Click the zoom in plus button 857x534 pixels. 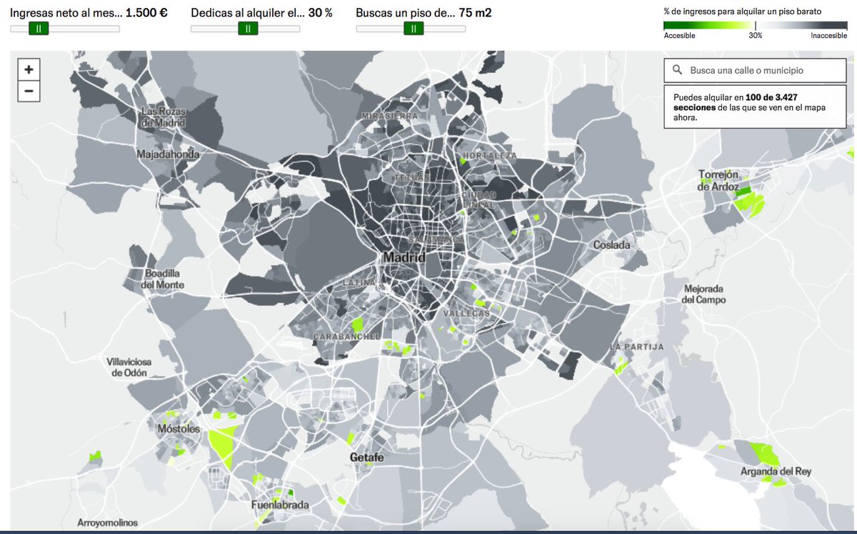pyautogui.click(x=29, y=69)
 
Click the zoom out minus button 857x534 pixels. pyautogui.click(x=29, y=91)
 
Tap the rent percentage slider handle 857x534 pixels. pyautogui.click(x=247, y=28)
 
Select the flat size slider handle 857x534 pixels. pyautogui.click(x=414, y=28)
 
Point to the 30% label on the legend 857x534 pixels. pyautogui.click(x=755, y=35)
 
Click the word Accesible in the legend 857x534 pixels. pyautogui.click(x=679, y=35)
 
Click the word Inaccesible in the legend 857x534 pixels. pyautogui.click(x=828, y=35)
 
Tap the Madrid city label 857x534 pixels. pyautogui.click(x=404, y=257)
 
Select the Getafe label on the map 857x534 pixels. pyautogui.click(x=367, y=458)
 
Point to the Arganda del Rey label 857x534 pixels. pyautogui.click(x=776, y=472)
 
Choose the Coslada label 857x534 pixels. pyautogui.click(x=612, y=245)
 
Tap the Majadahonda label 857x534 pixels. pyautogui.click(x=168, y=154)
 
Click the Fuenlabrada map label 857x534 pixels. pyautogui.click(x=280, y=505)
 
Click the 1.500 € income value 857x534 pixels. pyautogui.click(x=146, y=13)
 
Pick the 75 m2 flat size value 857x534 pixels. pyautogui.click(x=475, y=13)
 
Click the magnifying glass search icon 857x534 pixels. pyautogui.click(x=676, y=71)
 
